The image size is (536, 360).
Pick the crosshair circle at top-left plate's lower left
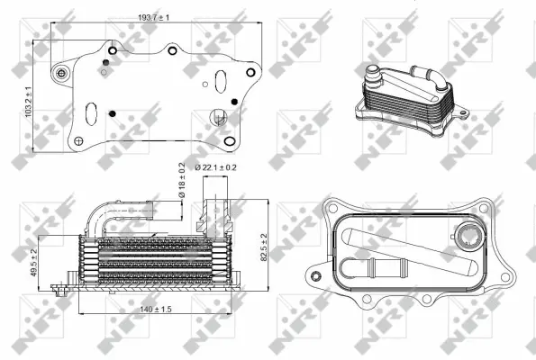click(78, 141)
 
